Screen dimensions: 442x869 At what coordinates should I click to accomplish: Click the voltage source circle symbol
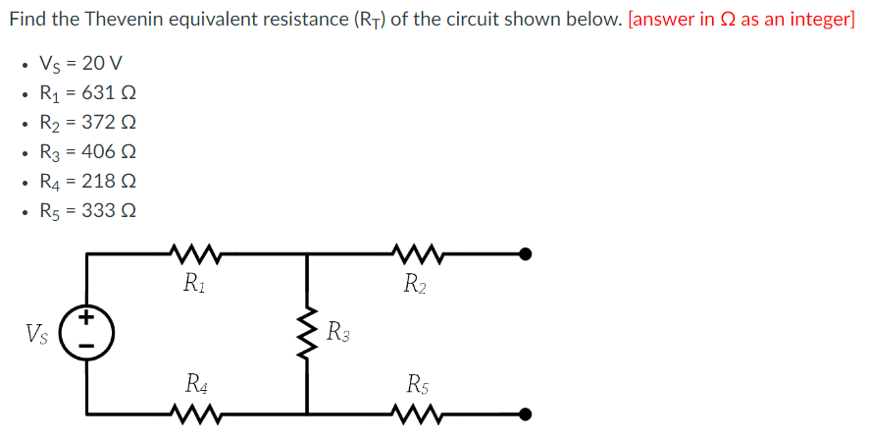coord(87,331)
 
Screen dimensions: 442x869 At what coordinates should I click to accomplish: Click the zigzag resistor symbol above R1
coord(199,254)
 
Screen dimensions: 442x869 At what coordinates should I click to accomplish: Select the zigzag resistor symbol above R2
coord(419,254)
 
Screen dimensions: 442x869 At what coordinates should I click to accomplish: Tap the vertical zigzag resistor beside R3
coord(309,333)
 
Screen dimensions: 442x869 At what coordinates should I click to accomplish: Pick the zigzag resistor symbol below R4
coord(199,414)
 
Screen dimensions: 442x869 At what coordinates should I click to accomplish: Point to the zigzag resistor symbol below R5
coord(419,414)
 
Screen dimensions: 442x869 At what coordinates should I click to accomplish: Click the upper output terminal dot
coord(526,254)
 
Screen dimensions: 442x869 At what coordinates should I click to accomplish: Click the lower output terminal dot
coord(526,414)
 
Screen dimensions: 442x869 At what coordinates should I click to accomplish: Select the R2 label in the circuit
coord(416,285)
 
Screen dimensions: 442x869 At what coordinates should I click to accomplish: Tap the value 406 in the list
coord(102,152)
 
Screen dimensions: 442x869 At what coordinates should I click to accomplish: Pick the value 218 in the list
coord(102,182)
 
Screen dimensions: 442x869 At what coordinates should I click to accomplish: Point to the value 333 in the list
coord(102,211)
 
